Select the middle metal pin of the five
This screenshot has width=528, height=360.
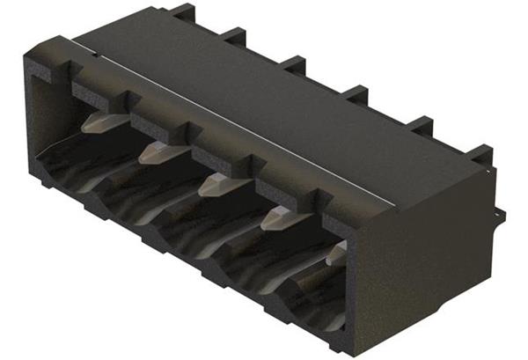pos(216,184)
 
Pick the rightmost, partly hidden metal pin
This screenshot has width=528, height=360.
pos(335,254)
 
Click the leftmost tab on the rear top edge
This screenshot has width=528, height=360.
pos(181,11)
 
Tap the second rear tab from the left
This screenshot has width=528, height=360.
pos(233,35)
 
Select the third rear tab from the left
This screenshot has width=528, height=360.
pos(293,62)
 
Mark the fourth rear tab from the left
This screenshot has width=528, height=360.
pos(355,91)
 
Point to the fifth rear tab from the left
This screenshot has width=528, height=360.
pos(421,122)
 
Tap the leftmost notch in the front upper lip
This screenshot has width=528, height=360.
pos(124,96)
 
